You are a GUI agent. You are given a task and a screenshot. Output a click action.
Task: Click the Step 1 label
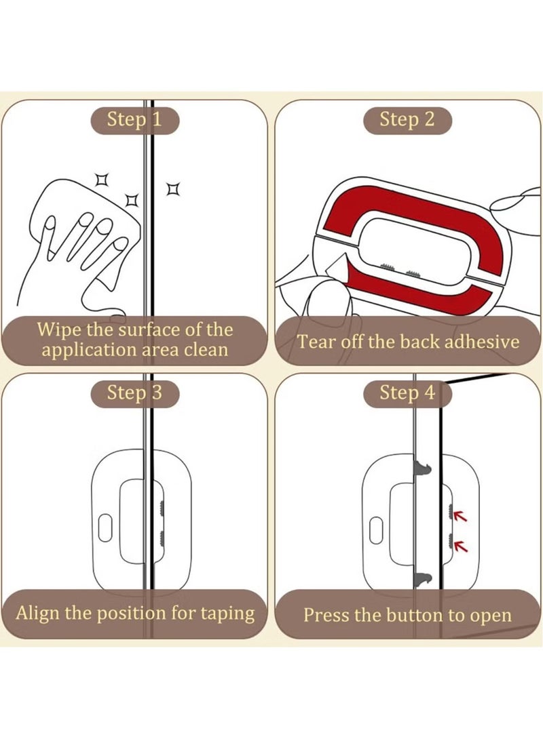(x=134, y=120)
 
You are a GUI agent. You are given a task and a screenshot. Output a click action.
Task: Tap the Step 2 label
(x=407, y=120)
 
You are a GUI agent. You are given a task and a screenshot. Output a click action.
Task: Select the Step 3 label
(x=134, y=393)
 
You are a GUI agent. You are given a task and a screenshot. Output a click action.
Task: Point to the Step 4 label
(x=407, y=393)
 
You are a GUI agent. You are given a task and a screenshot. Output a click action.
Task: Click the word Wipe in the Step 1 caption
(x=55, y=330)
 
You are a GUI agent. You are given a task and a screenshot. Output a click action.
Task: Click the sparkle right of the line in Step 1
(x=174, y=188)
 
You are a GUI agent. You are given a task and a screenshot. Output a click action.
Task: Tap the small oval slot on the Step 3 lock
(x=105, y=527)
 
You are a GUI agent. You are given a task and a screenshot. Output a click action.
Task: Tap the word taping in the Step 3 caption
(x=227, y=614)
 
